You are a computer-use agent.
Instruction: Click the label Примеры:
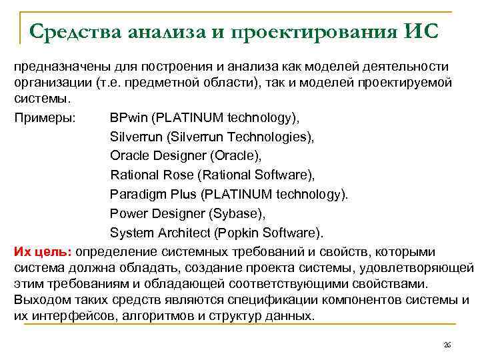tap(45, 118)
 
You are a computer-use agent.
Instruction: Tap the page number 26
tap(447, 344)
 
